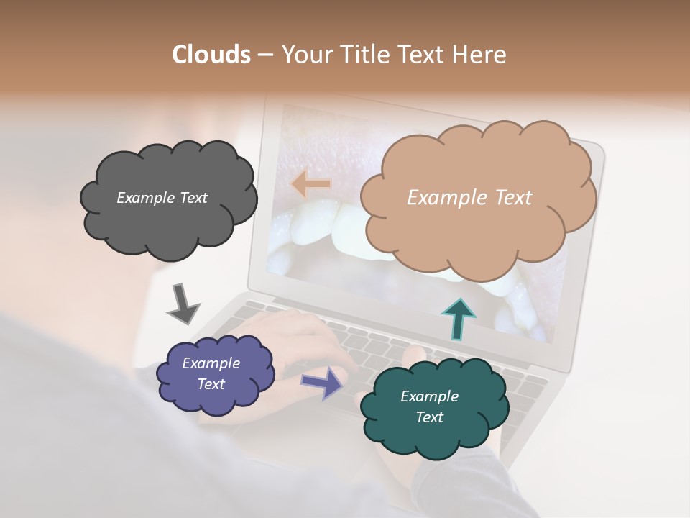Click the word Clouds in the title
pos(211,55)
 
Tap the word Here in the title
pos(480,55)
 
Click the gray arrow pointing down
pos(183,304)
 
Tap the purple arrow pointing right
pos(323,382)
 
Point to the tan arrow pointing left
pos(310,184)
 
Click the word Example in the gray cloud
pos(146,198)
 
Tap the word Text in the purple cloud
pos(211,384)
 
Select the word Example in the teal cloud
pos(429,396)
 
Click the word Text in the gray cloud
pos(192,198)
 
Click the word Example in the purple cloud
pos(211,363)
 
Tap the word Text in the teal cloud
pos(429,417)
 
